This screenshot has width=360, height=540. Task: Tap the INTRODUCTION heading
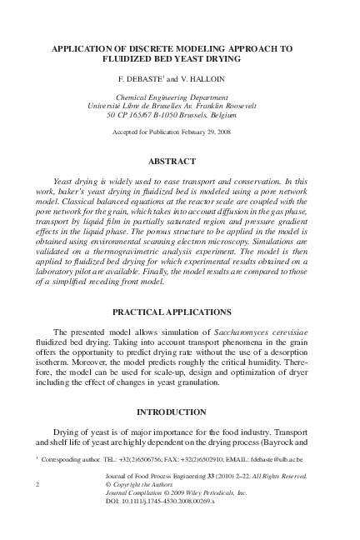click(179, 412)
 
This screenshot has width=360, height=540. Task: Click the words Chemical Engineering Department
click(180, 97)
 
